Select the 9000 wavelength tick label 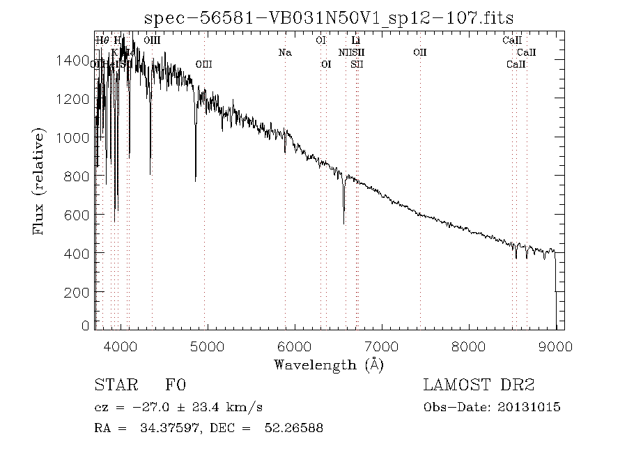click(555, 346)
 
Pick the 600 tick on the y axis click(79, 215)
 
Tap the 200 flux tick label click(79, 291)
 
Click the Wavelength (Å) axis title click(328, 364)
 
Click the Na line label click(284, 52)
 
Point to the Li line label click(355, 40)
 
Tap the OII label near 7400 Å click(419, 52)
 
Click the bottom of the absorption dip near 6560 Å click(343, 222)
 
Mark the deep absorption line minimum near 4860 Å click(195, 181)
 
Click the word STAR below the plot click(111, 385)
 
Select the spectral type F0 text click(175, 385)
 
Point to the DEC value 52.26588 click(293, 427)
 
